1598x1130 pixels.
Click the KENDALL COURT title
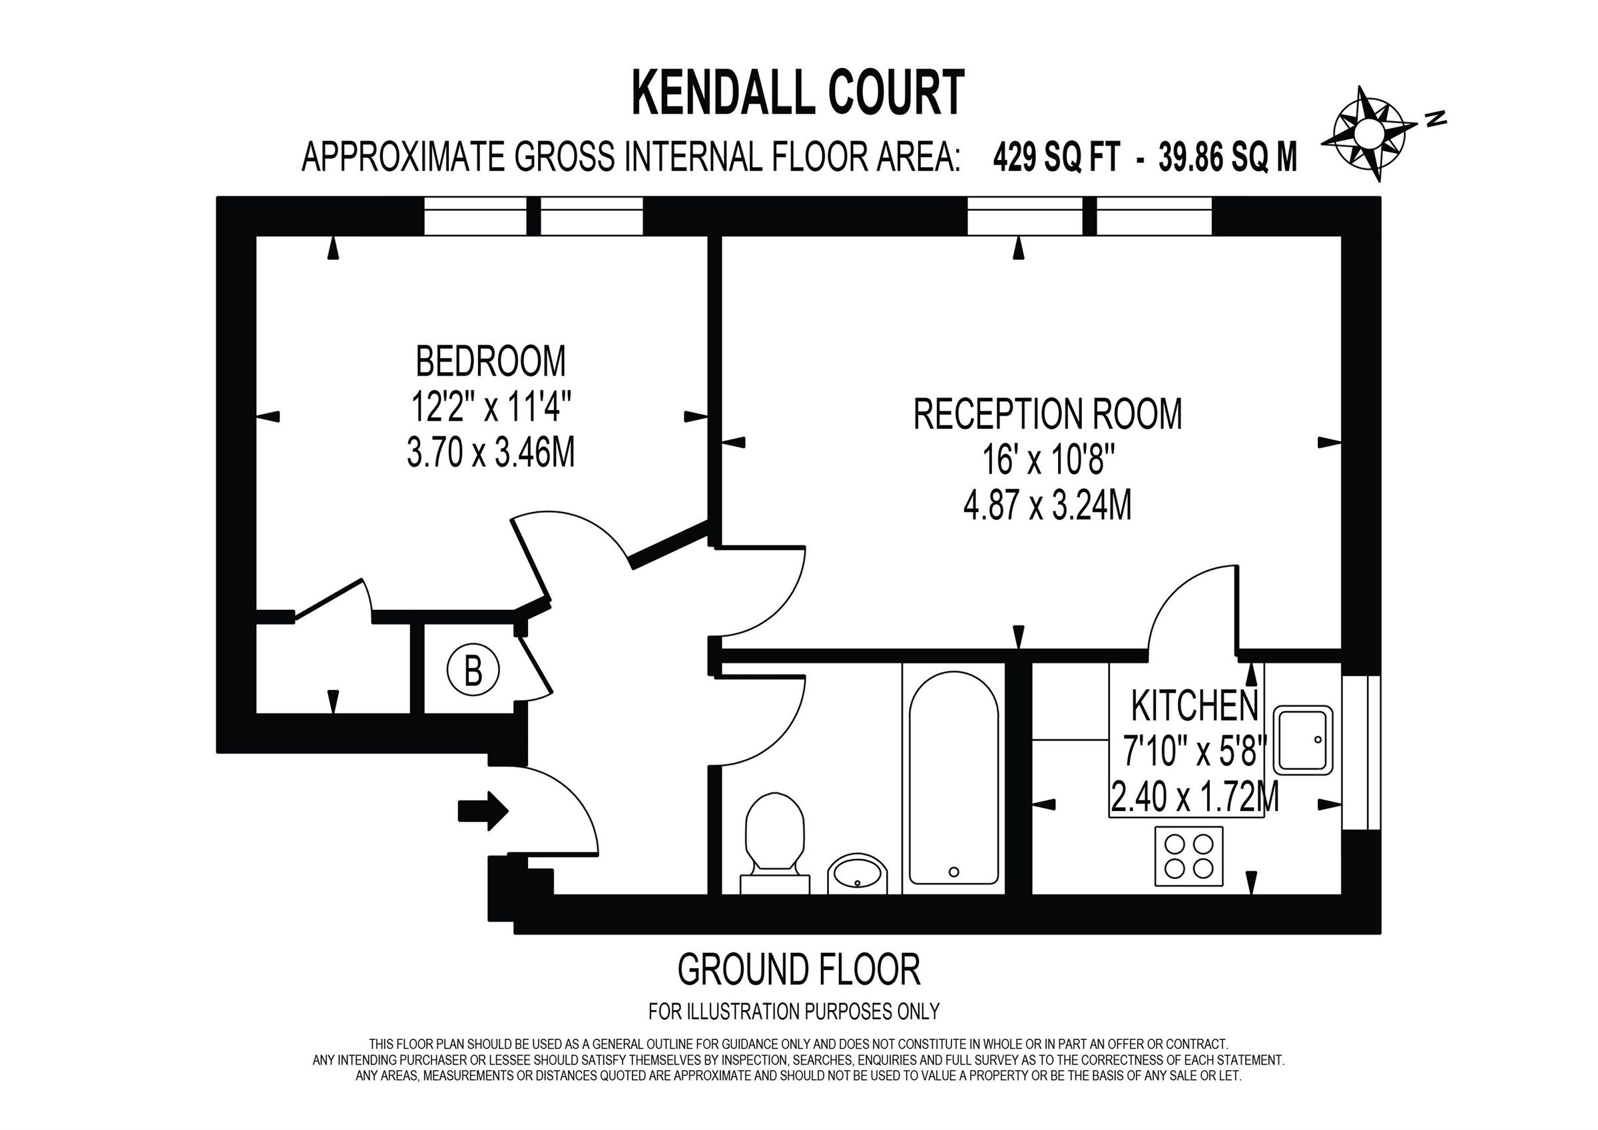[x=798, y=93]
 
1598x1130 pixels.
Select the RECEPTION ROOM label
[x=1047, y=414]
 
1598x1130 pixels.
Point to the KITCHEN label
[x=1195, y=706]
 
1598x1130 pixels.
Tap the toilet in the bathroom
[x=774, y=843]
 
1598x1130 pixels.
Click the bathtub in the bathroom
[x=953, y=778]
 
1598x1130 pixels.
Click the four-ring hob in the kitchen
[x=1189, y=856]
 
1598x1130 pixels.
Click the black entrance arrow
[x=483, y=810]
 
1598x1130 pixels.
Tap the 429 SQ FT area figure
[x=1056, y=157]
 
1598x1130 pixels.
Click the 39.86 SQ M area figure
[x=1228, y=157]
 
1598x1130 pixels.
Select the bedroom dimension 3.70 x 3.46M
[x=491, y=453]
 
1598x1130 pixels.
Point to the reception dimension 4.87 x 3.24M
[x=1047, y=505]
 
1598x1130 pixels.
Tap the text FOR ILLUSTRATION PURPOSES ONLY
[x=794, y=1011]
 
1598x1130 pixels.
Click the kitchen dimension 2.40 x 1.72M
[x=1195, y=798]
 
